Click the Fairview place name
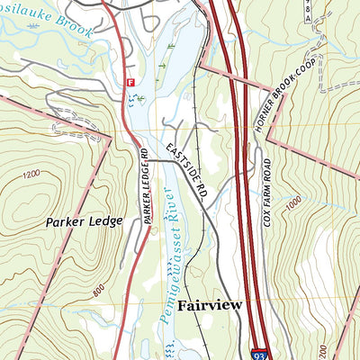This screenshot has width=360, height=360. pyautogui.click(x=210, y=305)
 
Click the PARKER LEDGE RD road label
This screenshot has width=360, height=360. pyautogui.click(x=144, y=186)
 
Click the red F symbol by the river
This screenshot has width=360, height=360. pyautogui.click(x=130, y=82)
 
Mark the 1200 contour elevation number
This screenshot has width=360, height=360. pyautogui.click(x=34, y=174)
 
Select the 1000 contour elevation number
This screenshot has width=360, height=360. pyautogui.click(x=292, y=204)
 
